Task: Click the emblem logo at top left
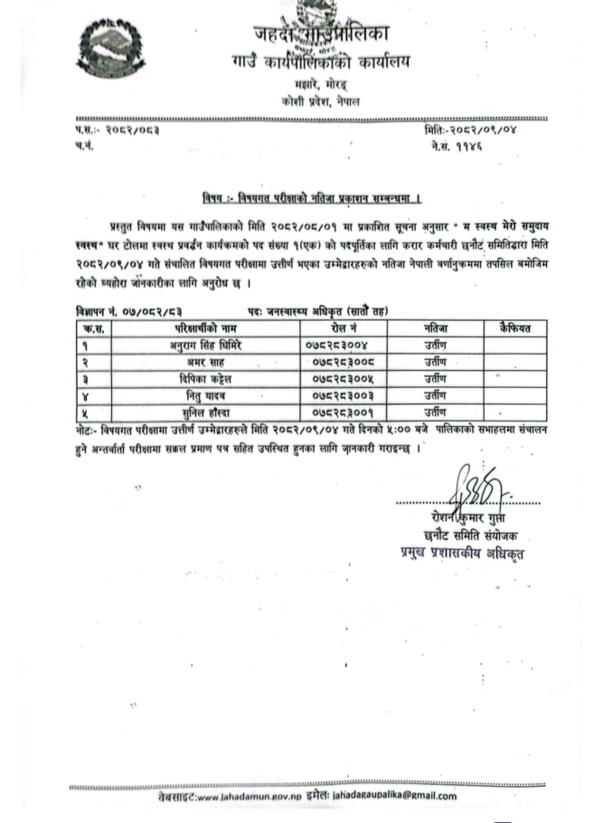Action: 111,53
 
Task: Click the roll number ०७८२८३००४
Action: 337,344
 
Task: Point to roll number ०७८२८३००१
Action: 337,411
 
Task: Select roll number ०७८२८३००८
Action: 337,361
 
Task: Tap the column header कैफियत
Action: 506,326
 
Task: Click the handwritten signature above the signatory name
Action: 476,489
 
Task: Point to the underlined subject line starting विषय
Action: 313,198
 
